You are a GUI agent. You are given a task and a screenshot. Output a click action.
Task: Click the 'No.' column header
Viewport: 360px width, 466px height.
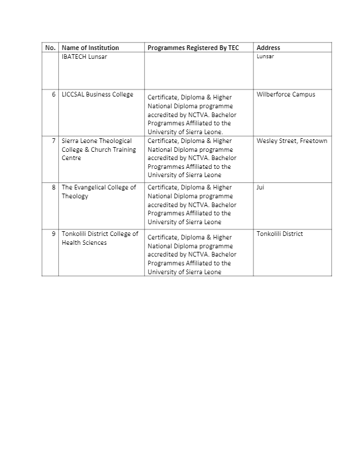click(x=50, y=48)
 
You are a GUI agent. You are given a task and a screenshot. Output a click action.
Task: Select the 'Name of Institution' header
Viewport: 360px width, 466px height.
click(x=90, y=48)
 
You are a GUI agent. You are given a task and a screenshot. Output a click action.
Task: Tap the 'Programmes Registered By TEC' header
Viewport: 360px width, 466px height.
click(x=193, y=48)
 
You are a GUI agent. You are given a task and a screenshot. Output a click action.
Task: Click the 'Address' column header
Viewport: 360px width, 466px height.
click(x=268, y=48)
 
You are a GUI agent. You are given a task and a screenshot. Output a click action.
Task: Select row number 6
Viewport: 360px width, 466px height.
click(x=54, y=95)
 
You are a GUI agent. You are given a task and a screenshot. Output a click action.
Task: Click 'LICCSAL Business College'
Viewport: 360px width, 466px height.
click(x=97, y=95)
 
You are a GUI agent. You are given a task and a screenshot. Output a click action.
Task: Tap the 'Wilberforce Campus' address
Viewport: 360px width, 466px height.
click(x=286, y=95)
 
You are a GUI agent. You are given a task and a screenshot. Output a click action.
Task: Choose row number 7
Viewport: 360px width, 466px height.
click(x=54, y=141)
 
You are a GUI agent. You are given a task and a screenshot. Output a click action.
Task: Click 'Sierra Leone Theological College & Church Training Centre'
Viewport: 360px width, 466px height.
click(x=98, y=149)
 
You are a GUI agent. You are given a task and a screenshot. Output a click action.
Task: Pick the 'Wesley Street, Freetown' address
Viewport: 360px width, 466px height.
click(x=292, y=141)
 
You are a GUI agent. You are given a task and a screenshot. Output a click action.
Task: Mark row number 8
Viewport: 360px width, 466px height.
click(x=54, y=188)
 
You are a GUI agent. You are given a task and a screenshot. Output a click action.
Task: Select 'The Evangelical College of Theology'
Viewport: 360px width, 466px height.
click(x=98, y=192)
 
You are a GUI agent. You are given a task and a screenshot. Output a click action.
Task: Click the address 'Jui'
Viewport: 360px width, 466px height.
click(x=261, y=188)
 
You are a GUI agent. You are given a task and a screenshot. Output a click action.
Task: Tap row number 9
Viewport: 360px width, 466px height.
click(x=54, y=234)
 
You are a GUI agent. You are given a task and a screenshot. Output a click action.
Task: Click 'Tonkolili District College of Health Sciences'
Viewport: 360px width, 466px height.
click(x=99, y=238)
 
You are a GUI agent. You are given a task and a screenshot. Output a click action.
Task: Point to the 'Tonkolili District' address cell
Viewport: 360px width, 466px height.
click(x=279, y=234)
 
